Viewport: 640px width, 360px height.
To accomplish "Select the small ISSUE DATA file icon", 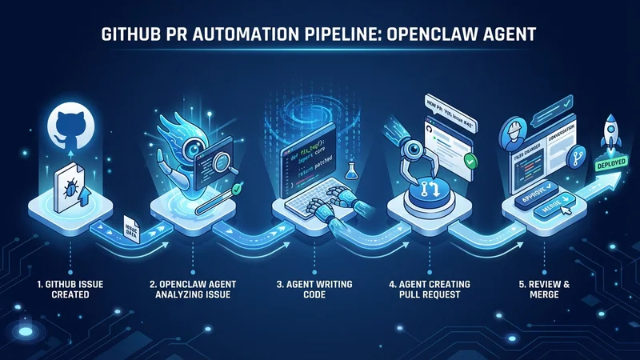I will [x=132, y=230].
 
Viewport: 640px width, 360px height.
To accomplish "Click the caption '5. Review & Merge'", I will [x=542, y=290].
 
